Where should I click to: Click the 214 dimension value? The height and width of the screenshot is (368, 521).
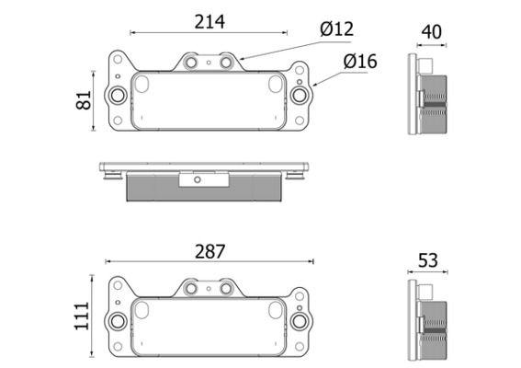(x=210, y=22)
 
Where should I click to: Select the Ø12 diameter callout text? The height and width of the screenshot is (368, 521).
(x=337, y=29)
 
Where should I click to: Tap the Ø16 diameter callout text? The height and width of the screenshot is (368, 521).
(x=360, y=62)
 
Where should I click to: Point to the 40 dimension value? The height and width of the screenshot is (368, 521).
(x=432, y=32)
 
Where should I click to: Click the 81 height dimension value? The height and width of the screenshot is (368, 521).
(x=84, y=100)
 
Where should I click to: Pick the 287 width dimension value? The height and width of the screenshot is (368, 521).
(x=210, y=251)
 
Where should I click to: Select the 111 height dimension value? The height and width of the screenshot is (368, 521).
(x=82, y=316)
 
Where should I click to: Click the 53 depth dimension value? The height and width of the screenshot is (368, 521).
(x=428, y=260)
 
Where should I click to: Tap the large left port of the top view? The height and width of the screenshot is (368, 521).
(x=118, y=96)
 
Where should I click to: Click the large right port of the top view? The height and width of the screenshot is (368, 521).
(x=300, y=95)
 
